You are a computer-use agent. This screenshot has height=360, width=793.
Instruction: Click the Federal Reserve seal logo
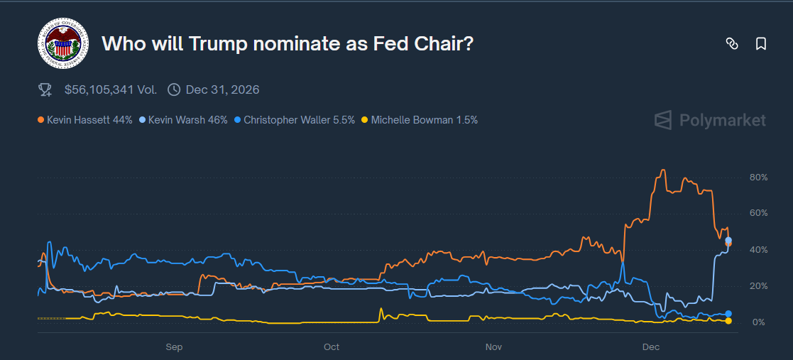tap(62, 44)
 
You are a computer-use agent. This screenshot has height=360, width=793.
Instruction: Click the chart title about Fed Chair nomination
tap(288, 44)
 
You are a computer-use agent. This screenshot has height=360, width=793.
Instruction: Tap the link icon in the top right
tap(732, 44)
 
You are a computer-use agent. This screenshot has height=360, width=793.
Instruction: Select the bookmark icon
tap(761, 44)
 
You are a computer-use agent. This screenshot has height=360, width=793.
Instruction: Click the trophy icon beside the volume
tap(45, 89)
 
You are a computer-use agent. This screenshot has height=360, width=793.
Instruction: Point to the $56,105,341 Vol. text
tap(110, 89)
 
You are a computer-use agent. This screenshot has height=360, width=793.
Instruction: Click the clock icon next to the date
tap(174, 89)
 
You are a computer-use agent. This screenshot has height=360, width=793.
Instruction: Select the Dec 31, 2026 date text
tap(222, 89)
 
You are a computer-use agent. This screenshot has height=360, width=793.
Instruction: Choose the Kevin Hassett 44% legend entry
tap(85, 120)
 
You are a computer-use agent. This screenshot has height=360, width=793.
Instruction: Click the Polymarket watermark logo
tap(710, 120)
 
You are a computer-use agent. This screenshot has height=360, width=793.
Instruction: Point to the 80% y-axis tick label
tap(758, 177)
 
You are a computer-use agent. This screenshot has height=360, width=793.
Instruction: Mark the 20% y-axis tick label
tap(758, 286)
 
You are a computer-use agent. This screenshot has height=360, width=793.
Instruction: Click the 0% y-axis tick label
tap(759, 322)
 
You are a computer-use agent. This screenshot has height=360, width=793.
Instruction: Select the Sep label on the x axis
tap(174, 347)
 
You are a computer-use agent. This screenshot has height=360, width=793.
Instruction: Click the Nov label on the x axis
tap(493, 347)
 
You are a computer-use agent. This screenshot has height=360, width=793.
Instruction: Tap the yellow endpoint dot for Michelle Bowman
tap(728, 321)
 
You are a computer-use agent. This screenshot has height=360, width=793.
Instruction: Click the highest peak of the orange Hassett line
tap(662, 170)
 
